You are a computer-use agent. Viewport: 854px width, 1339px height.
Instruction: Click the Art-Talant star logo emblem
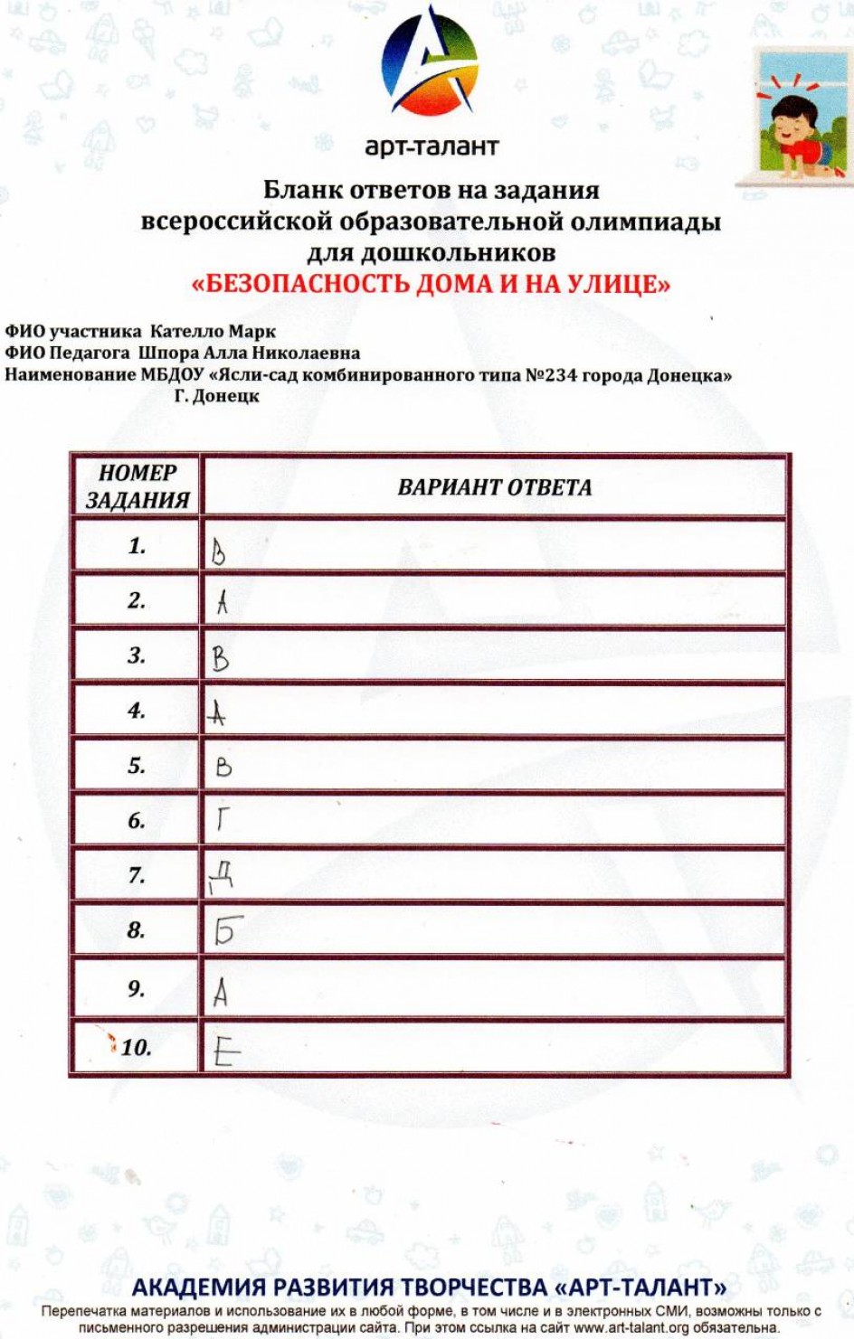[430, 63]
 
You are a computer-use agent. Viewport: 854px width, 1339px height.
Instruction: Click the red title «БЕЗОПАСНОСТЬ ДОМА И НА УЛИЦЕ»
[431, 284]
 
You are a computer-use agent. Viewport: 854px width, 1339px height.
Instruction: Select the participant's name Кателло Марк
[213, 332]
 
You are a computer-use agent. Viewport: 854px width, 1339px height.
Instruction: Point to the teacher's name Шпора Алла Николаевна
[249, 353]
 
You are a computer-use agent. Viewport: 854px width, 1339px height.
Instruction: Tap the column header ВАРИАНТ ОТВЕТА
[495, 487]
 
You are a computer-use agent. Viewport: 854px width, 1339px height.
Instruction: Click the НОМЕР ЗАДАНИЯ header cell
[138, 486]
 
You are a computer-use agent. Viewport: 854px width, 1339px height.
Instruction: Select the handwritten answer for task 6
[222, 819]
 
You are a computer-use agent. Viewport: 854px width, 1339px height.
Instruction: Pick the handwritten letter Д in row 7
[222, 875]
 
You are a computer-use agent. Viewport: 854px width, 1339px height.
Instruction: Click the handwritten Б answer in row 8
[227, 929]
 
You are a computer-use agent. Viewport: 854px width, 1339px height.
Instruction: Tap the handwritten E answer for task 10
[226, 1051]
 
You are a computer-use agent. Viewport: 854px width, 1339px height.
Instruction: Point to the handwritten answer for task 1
[218, 551]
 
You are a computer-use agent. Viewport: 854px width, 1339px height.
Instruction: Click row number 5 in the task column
[137, 766]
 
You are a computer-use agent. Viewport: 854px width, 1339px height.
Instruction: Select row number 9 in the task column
[136, 988]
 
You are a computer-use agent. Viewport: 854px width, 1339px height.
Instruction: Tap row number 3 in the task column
[137, 655]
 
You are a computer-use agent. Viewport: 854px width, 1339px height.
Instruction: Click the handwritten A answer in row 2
[222, 602]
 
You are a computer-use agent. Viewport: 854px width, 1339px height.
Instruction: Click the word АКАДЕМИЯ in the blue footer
[199, 1287]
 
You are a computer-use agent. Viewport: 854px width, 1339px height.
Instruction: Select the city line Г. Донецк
[216, 395]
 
